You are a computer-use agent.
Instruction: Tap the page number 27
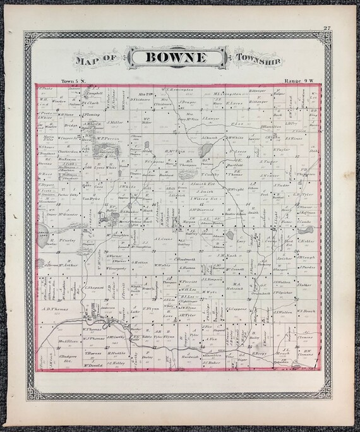coord(326,27)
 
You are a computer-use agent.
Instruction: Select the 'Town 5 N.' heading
coord(74,82)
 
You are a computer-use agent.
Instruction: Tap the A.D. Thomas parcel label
coord(56,309)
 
